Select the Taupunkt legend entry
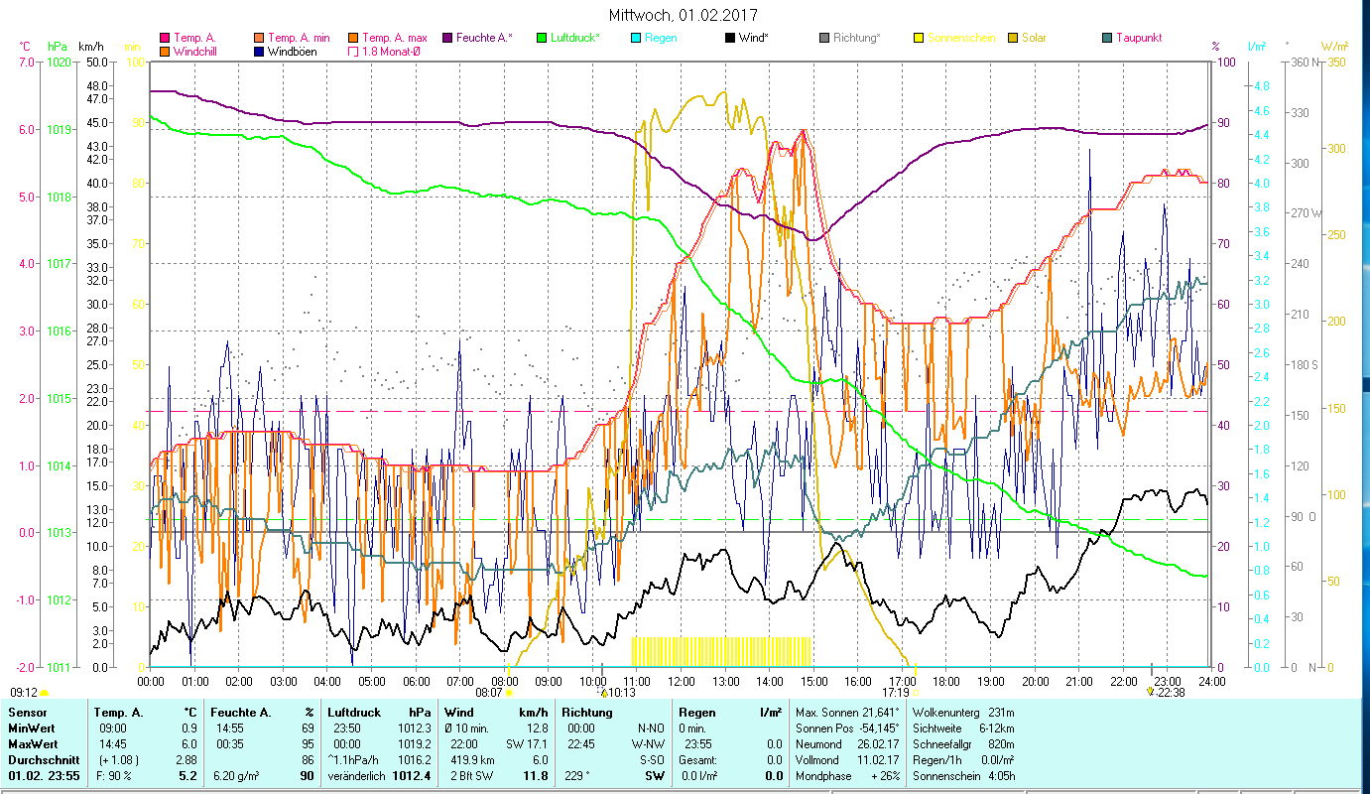tap(1138, 38)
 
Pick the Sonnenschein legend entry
tap(960, 38)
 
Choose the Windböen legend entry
tap(293, 51)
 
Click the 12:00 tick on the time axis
tap(683, 682)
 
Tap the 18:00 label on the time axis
tap(946, 682)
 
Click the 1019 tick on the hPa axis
tap(59, 130)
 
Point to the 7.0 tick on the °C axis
tap(26, 62)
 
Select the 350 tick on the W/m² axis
tap(1334, 62)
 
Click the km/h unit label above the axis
tap(90, 47)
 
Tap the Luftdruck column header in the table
tap(354, 713)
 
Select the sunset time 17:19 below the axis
tap(896, 693)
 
